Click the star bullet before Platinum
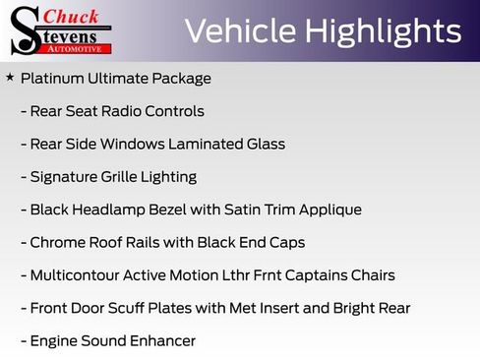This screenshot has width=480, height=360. pyautogui.click(x=10, y=77)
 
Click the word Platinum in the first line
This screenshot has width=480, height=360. pyautogui.click(x=51, y=78)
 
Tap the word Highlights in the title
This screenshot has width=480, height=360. pyautogui.click(x=383, y=31)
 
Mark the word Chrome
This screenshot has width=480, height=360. pyautogui.click(x=57, y=242)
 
